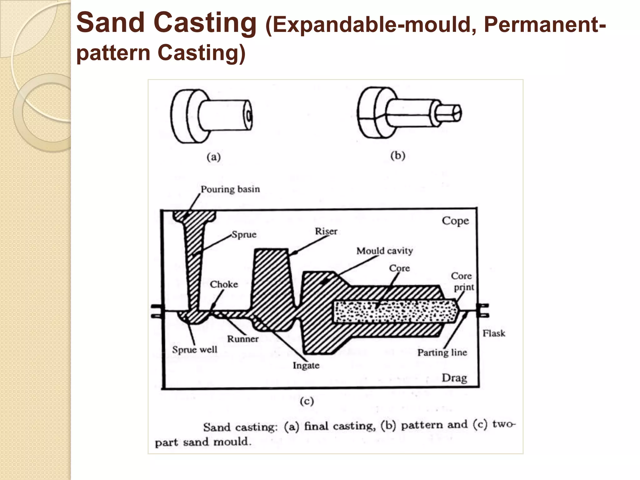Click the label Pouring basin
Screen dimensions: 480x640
[230, 189]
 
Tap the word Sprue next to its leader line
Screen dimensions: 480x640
[244, 234]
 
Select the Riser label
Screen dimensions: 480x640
[326, 231]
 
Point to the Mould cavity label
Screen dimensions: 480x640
[384, 251]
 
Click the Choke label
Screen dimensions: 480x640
[224, 284]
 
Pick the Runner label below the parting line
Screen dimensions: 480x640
[242, 339]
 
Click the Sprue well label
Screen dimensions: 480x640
[194, 349]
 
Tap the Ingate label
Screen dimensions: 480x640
[306, 365]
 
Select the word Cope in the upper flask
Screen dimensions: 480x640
[455, 221]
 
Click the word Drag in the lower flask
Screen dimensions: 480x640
[454, 378]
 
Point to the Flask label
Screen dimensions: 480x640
[493, 333]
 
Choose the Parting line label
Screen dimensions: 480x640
[442, 352]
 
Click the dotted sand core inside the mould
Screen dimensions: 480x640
[394, 312]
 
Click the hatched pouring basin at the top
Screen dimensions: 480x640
[194, 216]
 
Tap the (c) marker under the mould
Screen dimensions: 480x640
[307, 401]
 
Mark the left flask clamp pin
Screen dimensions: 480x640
[156, 311]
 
